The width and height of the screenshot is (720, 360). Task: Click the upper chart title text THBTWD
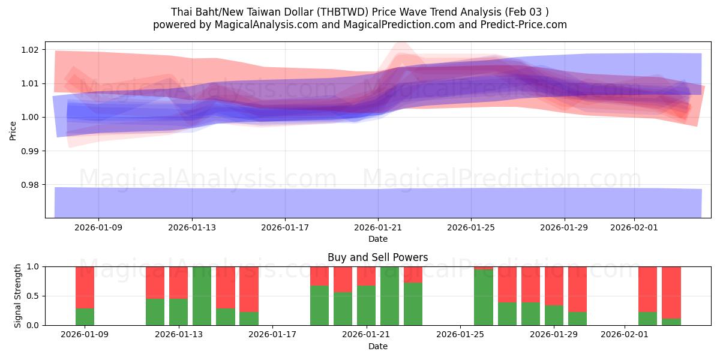tap(359, 11)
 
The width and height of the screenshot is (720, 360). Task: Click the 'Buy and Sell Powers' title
tap(377, 257)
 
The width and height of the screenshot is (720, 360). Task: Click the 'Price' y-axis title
tap(13, 130)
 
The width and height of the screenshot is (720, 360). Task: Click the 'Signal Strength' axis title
tap(18, 295)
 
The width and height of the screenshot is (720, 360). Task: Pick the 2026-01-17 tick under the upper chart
tap(285, 228)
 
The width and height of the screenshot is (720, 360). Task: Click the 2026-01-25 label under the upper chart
tap(471, 228)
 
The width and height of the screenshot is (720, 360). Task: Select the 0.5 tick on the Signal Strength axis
tap(33, 296)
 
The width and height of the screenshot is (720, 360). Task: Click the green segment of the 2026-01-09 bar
tap(85, 317)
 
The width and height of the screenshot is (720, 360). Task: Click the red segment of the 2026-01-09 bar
tap(85, 287)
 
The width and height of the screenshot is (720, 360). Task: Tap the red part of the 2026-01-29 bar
tap(554, 286)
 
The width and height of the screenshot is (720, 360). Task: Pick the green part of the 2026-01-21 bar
tap(366, 305)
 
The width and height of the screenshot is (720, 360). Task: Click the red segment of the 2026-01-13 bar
tap(178, 282)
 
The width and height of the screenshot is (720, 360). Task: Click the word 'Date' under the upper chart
tap(377, 239)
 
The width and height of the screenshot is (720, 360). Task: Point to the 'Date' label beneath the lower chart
tap(377, 346)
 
